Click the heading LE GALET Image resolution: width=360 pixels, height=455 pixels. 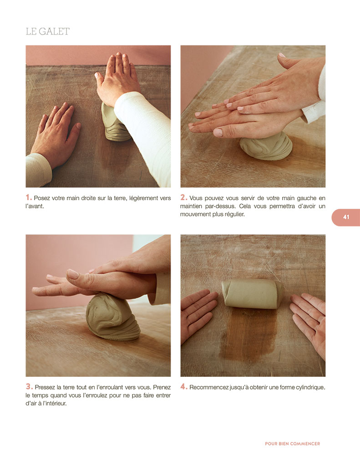point(48,31)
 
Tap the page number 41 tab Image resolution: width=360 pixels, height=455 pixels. point(346,217)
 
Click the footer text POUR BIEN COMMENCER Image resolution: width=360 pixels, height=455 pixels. point(292,444)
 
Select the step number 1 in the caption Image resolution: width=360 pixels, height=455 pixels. point(29,197)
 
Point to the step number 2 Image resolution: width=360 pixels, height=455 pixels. point(183,197)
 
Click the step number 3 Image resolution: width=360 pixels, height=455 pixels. point(29,387)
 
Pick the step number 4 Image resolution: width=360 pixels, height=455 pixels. point(184,387)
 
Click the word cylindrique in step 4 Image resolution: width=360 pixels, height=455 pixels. point(310,388)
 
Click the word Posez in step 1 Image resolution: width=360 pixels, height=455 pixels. point(41,198)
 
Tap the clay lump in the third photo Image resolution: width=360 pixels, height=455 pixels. point(112,317)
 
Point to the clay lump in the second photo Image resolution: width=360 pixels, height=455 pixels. point(266,147)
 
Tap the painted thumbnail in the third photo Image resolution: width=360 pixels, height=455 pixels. point(73,274)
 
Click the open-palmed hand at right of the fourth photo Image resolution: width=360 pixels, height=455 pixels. point(309,322)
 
